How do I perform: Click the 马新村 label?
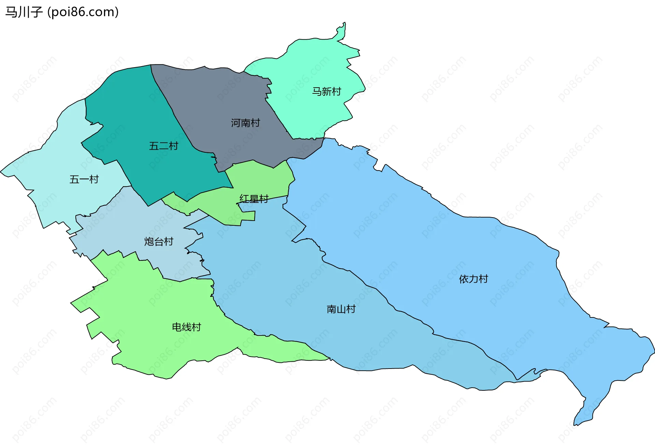pos(326,91)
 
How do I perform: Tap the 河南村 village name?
pos(245,123)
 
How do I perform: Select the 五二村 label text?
pos(163,146)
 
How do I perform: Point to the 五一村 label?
pos(84,179)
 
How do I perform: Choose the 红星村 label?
pos(254,199)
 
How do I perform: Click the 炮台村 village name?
pos(159,241)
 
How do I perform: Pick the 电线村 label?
pos(186,327)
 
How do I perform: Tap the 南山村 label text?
pos(341,309)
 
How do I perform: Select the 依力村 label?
pos(473,279)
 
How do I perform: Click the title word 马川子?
pos(24,12)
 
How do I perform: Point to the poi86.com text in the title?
pos(83,12)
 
